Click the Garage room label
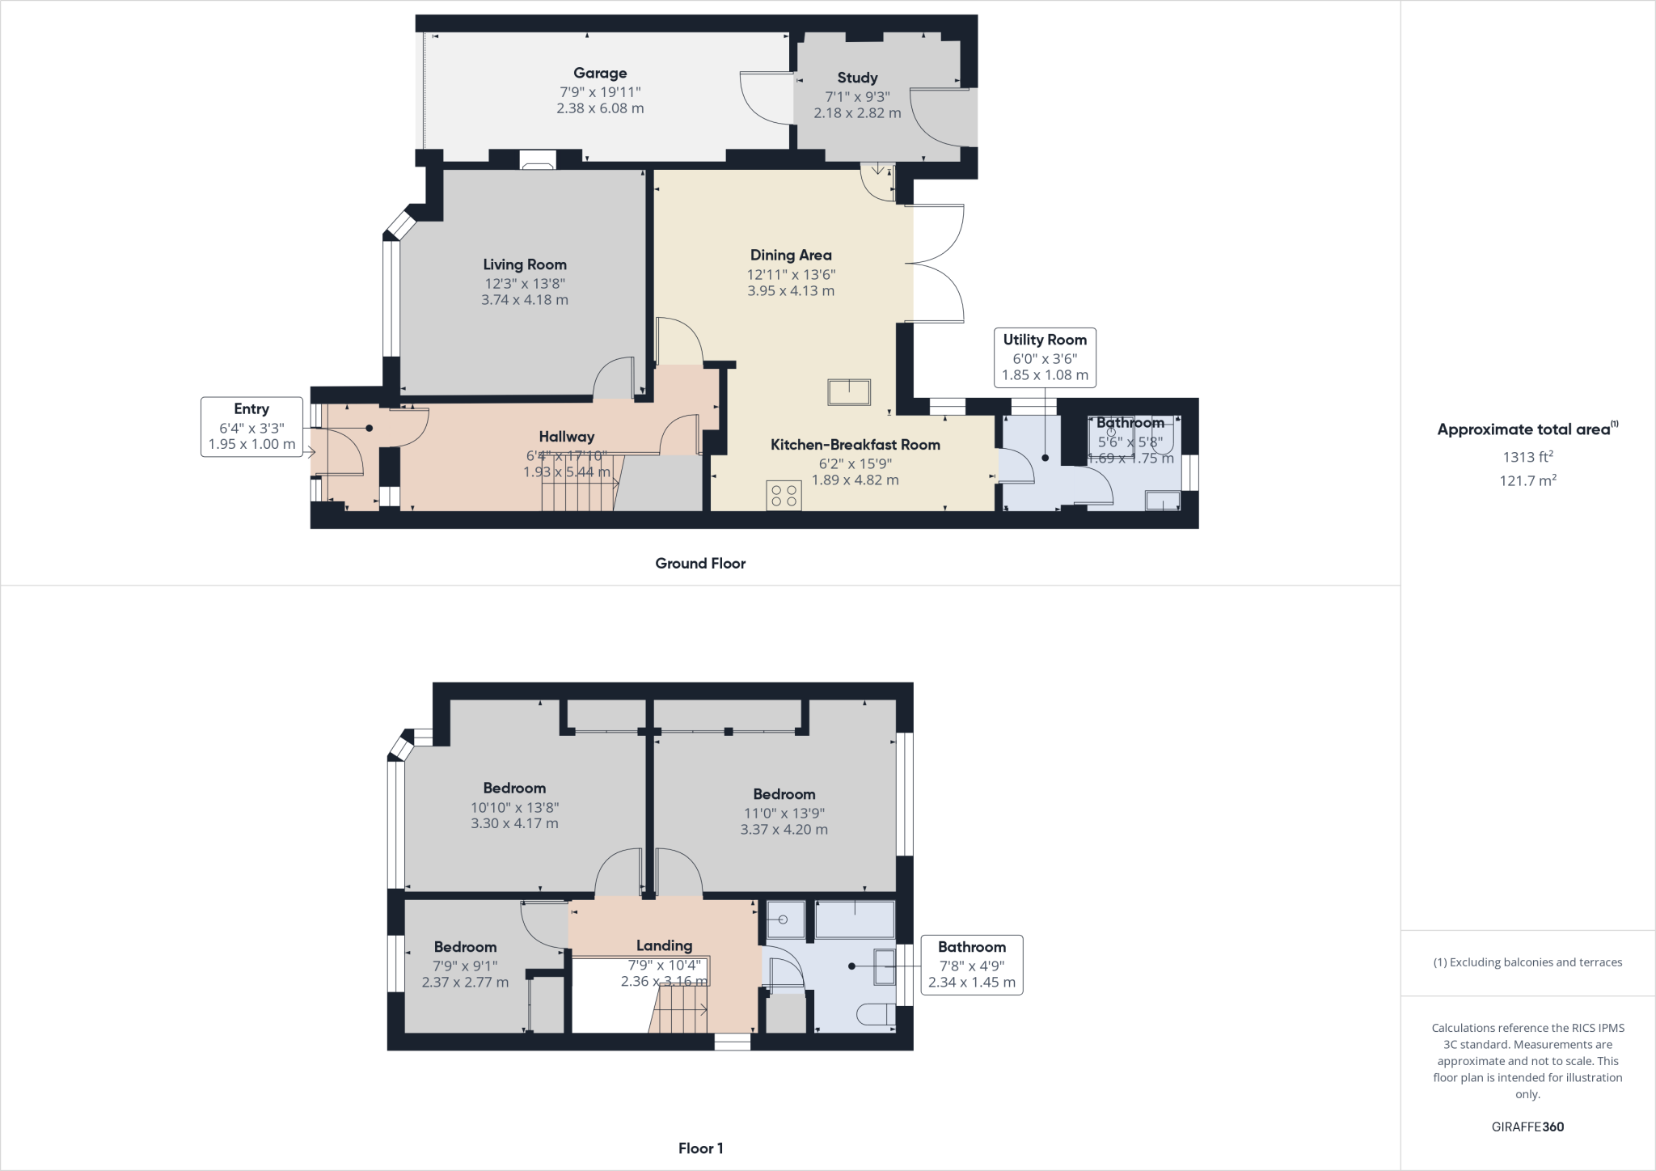pos(600,73)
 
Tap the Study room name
pos(857,78)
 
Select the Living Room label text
pos(525,264)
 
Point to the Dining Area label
pos(791,255)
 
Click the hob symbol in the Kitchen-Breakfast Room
pos(784,496)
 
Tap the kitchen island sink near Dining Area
pos(849,392)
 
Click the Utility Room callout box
pos(1045,357)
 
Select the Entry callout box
pos(251,427)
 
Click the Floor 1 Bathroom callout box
pos(972,965)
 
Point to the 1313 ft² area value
pos(1527,457)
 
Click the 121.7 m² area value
pos(1527,480)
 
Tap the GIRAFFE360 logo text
pos(1527,1127)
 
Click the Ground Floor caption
pos(700,564)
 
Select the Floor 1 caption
pos(700,1148)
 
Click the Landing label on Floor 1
pos(664,945)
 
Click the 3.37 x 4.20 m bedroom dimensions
pos(784,829)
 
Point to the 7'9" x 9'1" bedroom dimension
pos(465,966)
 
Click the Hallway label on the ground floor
pos(567,437)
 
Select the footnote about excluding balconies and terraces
pos(1527,962)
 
